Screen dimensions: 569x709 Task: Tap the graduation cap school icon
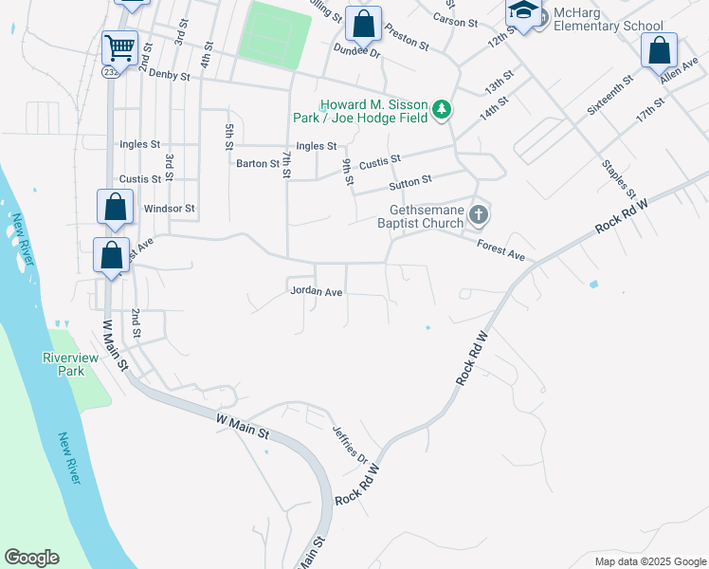click(x=522, y=11)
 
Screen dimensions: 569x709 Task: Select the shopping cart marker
click(x=119, y=46)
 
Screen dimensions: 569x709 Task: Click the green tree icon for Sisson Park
click(x=441, y=110)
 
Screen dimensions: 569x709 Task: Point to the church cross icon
click(x=479, y=215)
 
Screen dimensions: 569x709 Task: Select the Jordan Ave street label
click(x=316, y=292)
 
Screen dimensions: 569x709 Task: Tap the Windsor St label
click(x=169, y=208)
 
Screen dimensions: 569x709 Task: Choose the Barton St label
click(x=257, y=163)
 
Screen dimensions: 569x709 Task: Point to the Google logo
click(x=31, y=558)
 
